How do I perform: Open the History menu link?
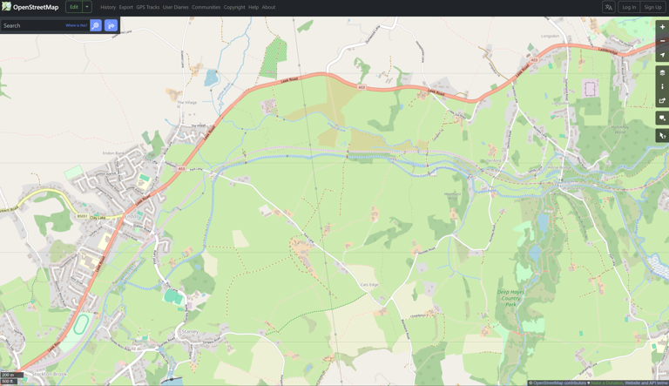pos(108,7)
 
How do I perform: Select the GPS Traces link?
pos(147,7)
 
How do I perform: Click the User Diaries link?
pos(175,7)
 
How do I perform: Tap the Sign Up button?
pos(652,7)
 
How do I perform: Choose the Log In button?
pos(629,7)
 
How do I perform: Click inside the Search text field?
pos(33,25)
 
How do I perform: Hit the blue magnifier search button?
pos(96,25)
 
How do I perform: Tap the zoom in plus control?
pos(662,27)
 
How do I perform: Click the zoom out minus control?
pos(662,41)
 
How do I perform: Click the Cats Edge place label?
pos(369,285)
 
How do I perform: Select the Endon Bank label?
pos(116,153)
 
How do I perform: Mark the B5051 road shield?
pos(81,216)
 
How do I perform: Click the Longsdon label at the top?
pos(551,36)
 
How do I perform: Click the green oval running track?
pos(81,325)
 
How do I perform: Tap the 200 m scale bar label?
pos(8,375)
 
